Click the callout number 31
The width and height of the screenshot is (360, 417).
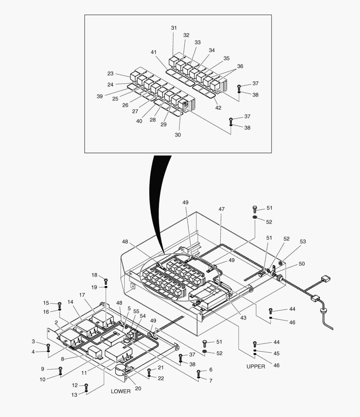[x=174, y=28]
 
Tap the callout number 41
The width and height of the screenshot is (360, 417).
[x=154, y=52]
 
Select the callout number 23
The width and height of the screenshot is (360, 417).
[x=110, y=73]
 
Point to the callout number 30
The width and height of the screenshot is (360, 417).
[x=177, y=135]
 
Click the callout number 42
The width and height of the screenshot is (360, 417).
[x=218, y=108]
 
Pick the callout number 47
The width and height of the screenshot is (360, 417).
[x=221, y=209]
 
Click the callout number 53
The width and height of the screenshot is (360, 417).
[x=303, y=242]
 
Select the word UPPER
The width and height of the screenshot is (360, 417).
[x=256, y=366]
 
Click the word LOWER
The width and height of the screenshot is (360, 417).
[x=121, y=391]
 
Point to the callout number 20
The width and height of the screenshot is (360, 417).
[x=138, y=388]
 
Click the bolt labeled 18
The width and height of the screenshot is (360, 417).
[x=106, y=281]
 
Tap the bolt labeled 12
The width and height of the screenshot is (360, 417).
[x=86, y=386]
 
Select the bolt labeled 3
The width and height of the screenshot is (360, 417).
[x=48, y=346]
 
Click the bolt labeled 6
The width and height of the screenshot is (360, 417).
[x=198, y=372]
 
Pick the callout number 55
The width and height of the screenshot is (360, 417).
[x=136, y=311]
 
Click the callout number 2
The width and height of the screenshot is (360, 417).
[x=56, y=322]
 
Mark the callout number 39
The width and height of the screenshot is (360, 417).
[x=100, y=97]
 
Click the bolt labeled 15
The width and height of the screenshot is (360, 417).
[x=59, y=304]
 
